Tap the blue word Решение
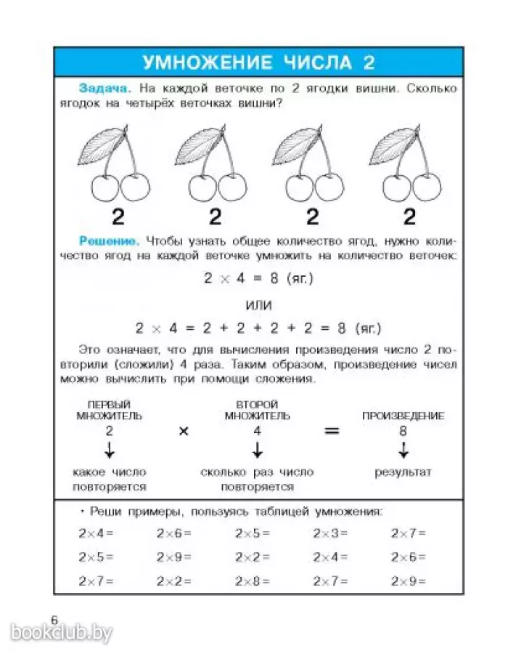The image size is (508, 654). pyautogui.click(x=109, y=240)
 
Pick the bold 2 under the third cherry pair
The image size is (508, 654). pyautogui.click(x=313, y=217)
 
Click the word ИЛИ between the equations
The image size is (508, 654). pyautogui.click(x=258, y=304)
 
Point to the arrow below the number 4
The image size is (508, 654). pyautogui.click(x=257, y=450)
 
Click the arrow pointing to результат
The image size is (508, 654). pyautogui.click(x=403, y=450)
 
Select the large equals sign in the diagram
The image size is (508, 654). pyautogui.click(x=332, y=431)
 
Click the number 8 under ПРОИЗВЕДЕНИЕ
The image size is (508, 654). pyautogui.click(x=403, y=431)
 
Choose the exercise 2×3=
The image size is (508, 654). pyautogui.click(x=330, y=533)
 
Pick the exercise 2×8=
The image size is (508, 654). pyautogui.click(x=252, y=581)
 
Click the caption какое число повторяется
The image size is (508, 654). pyautogui.click(x=110, y=480)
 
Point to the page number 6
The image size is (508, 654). pyautogui.click(x=54, y=618)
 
